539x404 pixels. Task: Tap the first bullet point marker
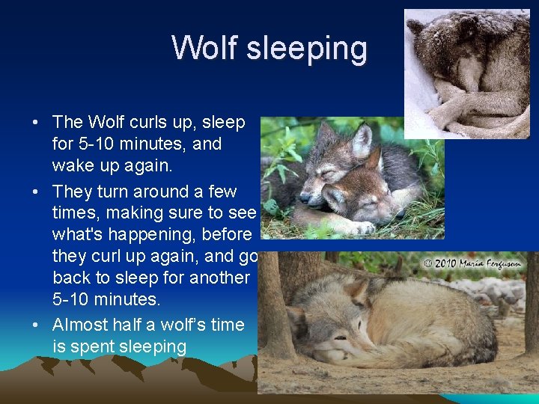(36, 122)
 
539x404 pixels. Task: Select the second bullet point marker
(36, 192)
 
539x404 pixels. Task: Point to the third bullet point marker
(36, 325)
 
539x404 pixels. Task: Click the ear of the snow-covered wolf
(415, 26)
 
